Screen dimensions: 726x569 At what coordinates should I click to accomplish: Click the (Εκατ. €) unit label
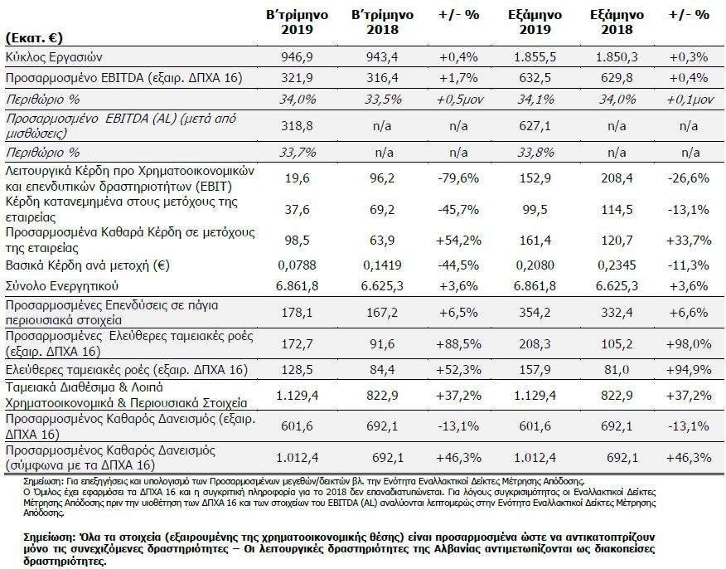[34, 37]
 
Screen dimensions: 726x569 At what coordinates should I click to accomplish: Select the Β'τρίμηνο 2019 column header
[297, 22]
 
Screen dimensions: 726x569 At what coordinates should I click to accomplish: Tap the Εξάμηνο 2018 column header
[617, 22]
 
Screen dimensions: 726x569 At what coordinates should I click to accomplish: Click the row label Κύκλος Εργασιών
[54, 57]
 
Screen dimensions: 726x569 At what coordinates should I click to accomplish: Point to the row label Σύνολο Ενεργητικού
[62, 286]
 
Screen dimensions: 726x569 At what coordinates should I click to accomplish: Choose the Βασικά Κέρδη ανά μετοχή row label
[88, 265]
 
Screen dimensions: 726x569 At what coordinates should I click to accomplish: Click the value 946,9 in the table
[297, 57]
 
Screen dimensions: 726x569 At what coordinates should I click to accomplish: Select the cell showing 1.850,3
[617, 57]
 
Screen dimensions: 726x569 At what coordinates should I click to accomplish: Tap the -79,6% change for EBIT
[458, 178]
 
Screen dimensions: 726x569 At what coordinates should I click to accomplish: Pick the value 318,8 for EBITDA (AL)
[297, 126]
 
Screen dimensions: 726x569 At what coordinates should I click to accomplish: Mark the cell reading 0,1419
[382, 265]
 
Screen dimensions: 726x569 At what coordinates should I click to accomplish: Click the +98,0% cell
[689, 344]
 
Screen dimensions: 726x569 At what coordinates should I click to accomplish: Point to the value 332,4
[617, 313]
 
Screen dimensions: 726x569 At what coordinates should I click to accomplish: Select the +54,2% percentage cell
[458, 241]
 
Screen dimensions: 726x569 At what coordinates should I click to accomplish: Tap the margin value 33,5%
[382, 100]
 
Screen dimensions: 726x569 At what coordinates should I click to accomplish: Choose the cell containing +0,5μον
[459, 100]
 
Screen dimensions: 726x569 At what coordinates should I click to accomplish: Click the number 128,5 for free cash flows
[297, 370]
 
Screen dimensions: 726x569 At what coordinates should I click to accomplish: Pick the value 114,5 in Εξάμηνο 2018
[617, 210]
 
